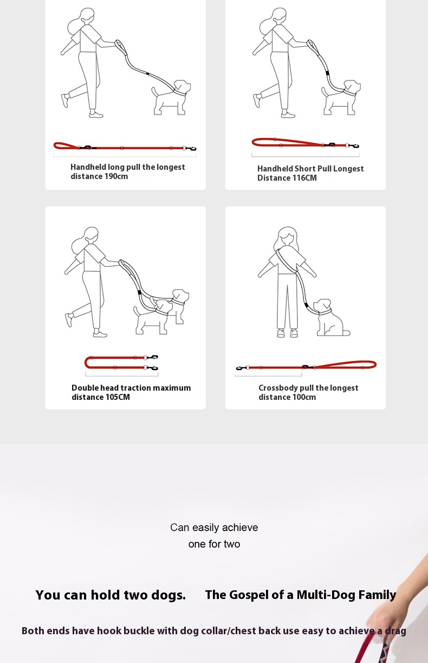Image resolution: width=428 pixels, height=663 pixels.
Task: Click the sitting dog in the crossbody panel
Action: pyautogui.click(x=330, y=318)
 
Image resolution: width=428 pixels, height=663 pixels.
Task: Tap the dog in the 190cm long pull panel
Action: pyautogui.click(x=171, y=97)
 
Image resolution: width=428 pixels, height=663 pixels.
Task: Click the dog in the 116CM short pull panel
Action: pyautogui.click(x=341, y=97)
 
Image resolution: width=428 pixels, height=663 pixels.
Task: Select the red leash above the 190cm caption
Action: pyautogui.click(x=125, y=147)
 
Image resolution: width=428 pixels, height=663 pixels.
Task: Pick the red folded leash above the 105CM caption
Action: pyautogui.click(x=121, y=362)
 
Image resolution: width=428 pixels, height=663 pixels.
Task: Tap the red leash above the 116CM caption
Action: pyautogui.click(x=306, y=143)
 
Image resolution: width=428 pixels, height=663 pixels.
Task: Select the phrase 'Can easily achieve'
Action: pyautogui.click(x=214, y=527)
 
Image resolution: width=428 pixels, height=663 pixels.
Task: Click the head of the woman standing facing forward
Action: pyautogui.click(x=287, y=236)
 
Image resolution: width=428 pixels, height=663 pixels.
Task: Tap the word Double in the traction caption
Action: pyautogui.click(x=85, y=388)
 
